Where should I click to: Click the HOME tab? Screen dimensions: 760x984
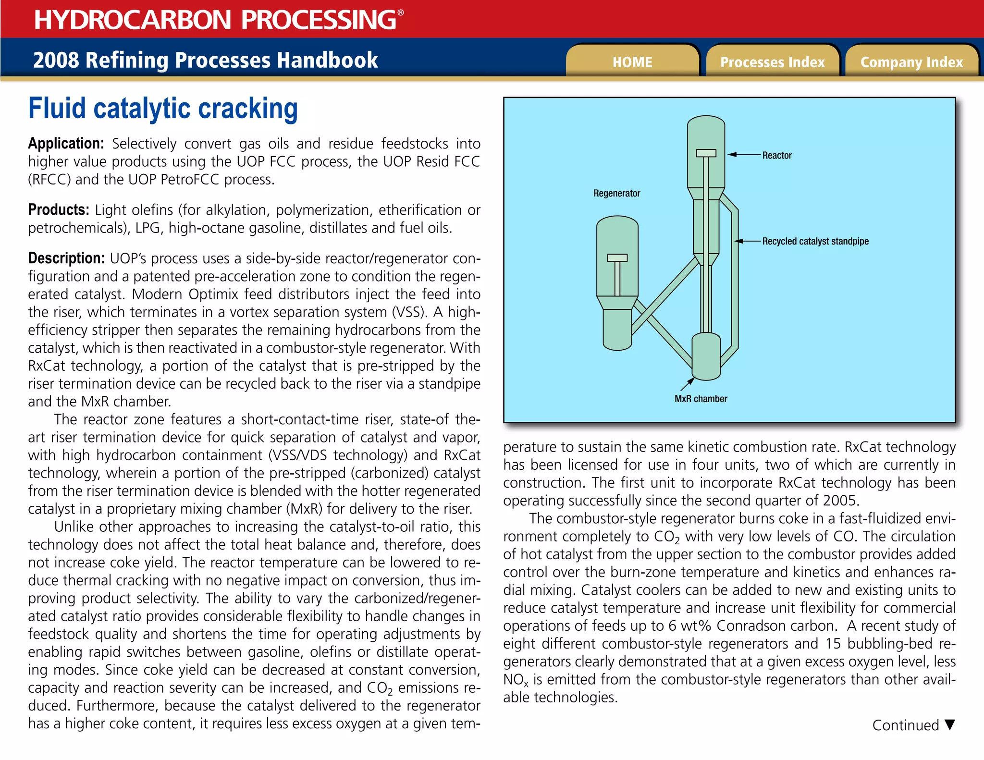coord(632,62)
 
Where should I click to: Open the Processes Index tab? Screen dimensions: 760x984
coord(772,62)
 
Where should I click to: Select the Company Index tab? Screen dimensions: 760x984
coord(911,62)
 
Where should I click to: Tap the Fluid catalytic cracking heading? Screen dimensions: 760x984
coord(163,109)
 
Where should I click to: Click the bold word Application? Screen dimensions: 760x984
coord(66,144)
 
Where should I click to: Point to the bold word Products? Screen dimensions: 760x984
coord(59,210)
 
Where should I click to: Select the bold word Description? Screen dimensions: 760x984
coord(66,258)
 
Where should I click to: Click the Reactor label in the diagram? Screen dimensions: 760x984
coord(776,155)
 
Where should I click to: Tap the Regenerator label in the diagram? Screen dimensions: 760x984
coord(616,193)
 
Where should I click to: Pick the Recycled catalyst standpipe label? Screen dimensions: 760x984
coord(815,241)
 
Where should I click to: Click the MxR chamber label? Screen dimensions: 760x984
coord(701,399)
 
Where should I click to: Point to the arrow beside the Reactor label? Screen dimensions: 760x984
coord(744,155)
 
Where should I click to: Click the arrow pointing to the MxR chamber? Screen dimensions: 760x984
coord(687,384)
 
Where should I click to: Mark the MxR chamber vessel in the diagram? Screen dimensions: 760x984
coord(706,356)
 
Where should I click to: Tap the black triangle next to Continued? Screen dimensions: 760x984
coord(949,724)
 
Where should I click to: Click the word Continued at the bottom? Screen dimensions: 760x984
coord(905,725)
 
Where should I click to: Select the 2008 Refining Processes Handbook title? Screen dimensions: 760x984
coord(205,60)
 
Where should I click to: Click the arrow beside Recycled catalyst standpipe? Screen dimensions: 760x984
coord(747,241)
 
